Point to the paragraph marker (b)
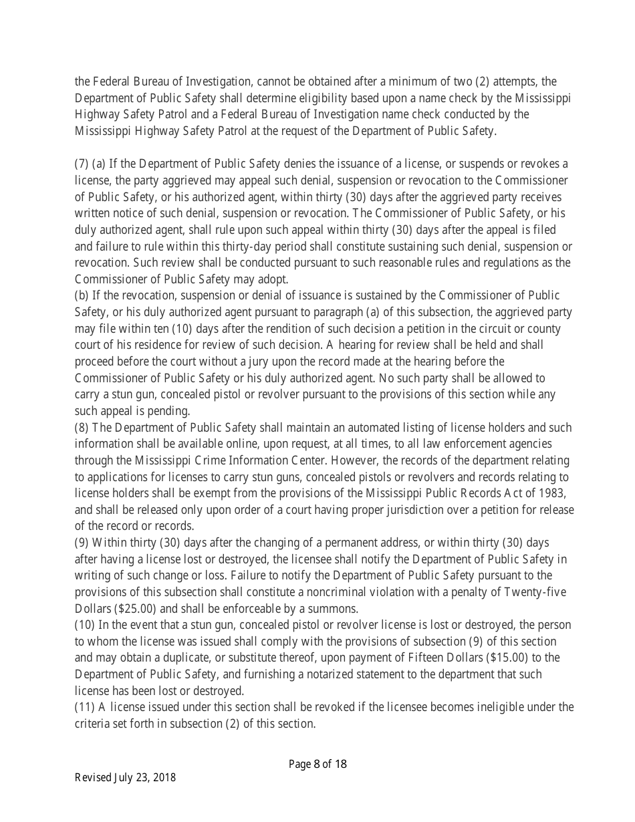82,295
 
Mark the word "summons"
335,609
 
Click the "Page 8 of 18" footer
317,765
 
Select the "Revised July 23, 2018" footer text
125,777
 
